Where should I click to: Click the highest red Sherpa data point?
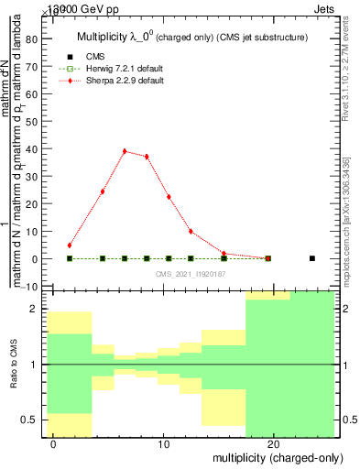(x=125, y=151)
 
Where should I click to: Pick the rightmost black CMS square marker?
(x=312, y=258)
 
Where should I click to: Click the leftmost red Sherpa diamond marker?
(x=70, y=245)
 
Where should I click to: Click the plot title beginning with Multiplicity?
(x=191, y=38)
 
